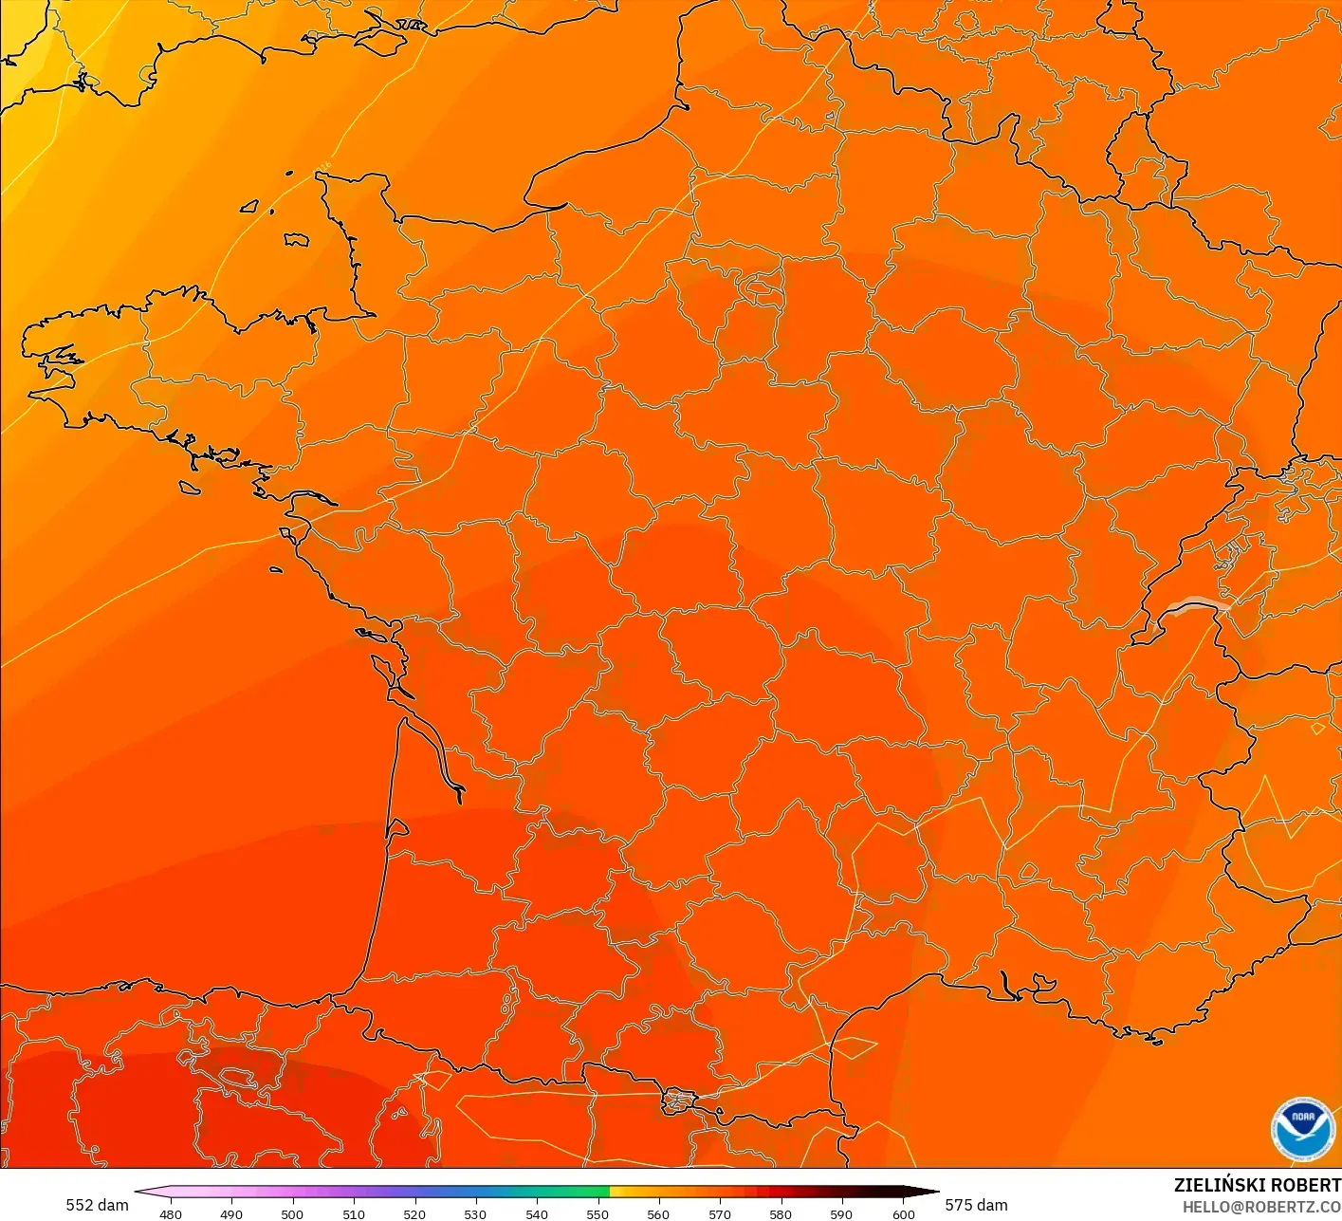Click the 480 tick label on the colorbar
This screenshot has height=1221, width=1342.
(x=171, y=1213)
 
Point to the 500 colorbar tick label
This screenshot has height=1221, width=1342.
(x=292, y=1213)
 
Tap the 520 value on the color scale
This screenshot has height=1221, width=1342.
(x=414, y=1213)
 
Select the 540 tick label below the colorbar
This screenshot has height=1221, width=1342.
(x=537, y=1213)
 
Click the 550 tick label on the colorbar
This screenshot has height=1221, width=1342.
(x=597, y=1213)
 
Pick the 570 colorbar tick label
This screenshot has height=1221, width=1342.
(x=720, y=1213)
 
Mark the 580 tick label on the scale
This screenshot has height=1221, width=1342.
(x=781, y=1213)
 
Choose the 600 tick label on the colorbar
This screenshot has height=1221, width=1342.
(x=903, y=1213)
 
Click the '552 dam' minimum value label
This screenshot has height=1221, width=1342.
(x=97, y=1205)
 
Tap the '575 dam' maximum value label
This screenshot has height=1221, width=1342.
(x=976, y=1205)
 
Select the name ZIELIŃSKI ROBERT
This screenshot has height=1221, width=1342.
(x=1257, y=1185)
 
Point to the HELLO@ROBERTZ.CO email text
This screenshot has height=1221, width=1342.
(x=1261, y=1207)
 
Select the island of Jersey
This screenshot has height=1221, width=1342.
(x=296, y=240)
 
